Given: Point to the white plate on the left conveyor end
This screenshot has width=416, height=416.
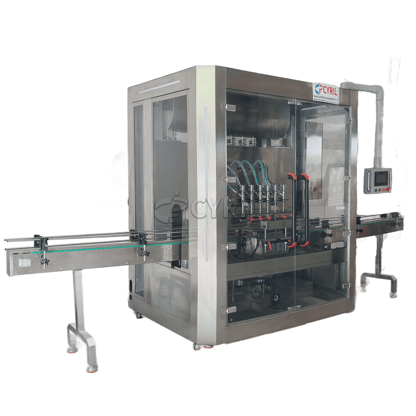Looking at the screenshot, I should click(x=25, y=263).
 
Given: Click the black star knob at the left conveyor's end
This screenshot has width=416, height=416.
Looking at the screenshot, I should click(x=45, y=262).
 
